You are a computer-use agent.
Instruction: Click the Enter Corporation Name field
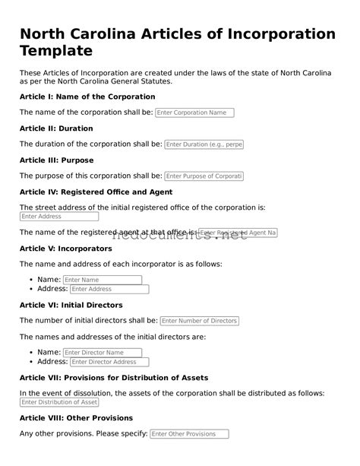point(194,113)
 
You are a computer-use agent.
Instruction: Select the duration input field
point(204,144)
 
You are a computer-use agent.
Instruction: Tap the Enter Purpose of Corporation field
point(204,176)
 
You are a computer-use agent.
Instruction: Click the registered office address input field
point(58,217)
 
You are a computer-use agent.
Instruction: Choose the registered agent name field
point(238,232)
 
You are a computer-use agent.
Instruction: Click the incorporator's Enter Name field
point(103,280)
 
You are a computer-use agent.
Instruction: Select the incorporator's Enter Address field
point(109,289)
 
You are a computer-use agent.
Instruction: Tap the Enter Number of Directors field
point(200,321)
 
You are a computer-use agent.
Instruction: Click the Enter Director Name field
point(103,353)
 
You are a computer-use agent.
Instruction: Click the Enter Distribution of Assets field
point(58,402)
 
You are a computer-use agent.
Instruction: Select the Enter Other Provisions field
point(189,434)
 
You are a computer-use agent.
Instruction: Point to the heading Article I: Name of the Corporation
point(87,97)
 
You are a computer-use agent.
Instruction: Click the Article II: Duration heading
point(56,128)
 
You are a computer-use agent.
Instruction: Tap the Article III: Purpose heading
point(56,160)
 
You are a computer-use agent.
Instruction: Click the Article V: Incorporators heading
point(65,249)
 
